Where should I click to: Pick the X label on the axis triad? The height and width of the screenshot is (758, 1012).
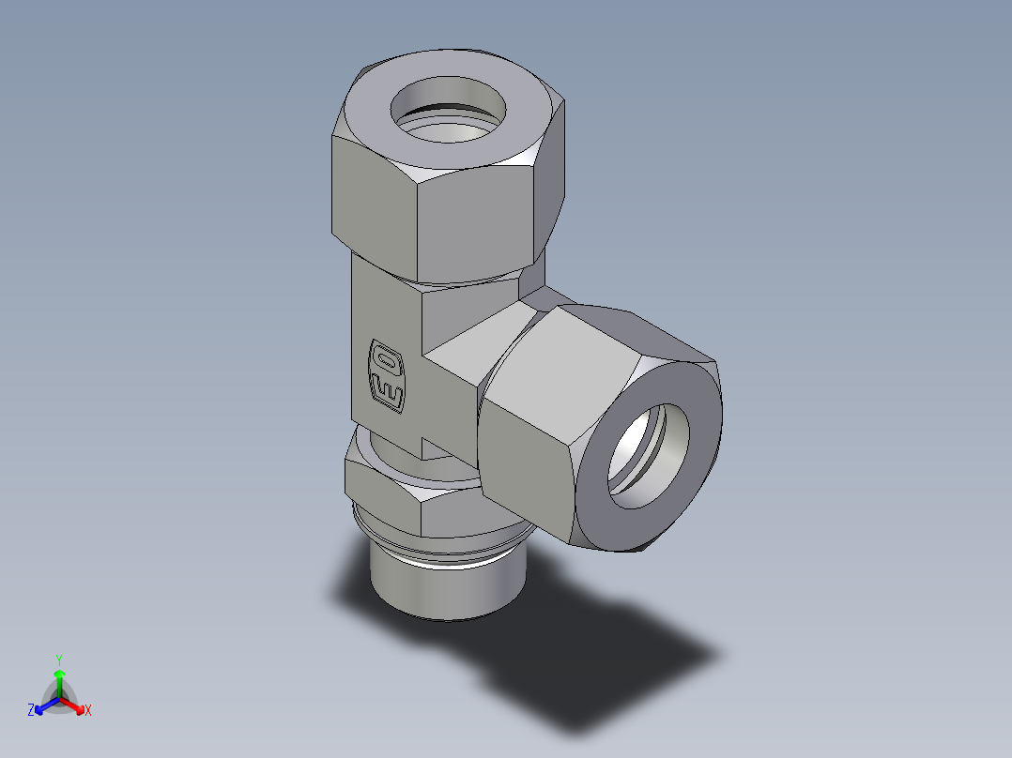[88, 711]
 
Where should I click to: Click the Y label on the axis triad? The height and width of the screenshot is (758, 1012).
[59, 659]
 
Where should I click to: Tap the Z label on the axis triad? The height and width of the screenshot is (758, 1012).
[31, 711]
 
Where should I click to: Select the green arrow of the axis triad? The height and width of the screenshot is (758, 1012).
[59, 679]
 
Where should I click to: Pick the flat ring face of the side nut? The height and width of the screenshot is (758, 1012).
[695, 469]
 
